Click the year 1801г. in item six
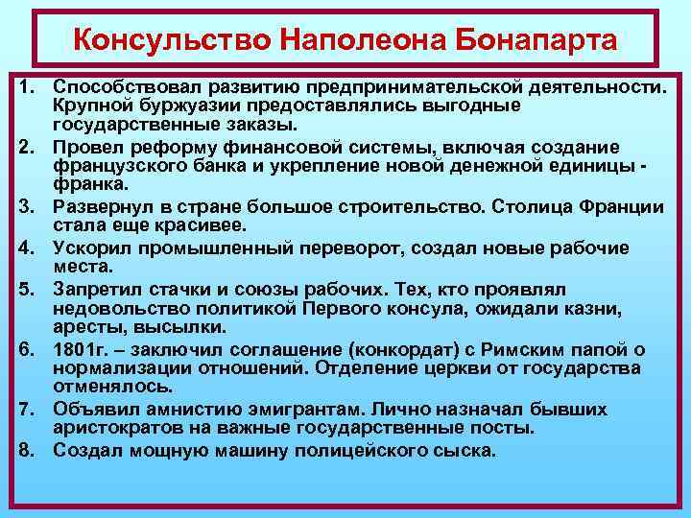click(82, 349)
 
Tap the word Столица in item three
click(520, 207)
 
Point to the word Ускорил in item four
click(88, 247)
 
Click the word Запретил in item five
click(94, 289)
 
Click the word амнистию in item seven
click(195, 409)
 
